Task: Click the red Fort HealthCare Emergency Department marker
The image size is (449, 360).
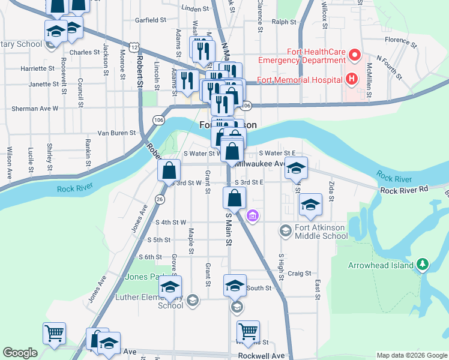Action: click(354, 56)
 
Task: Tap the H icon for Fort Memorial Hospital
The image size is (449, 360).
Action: click(351, 79)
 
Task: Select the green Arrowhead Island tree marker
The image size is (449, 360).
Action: click(423, 264)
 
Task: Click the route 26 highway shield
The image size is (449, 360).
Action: click(160, 199)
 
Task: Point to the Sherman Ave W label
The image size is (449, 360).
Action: click(35, 109)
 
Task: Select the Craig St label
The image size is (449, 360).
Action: click(298, 273)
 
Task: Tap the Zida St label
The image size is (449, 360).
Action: click(331, 193)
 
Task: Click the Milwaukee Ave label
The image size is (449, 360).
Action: click(261, 164)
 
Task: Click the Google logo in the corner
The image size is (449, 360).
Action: click(20, 353)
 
